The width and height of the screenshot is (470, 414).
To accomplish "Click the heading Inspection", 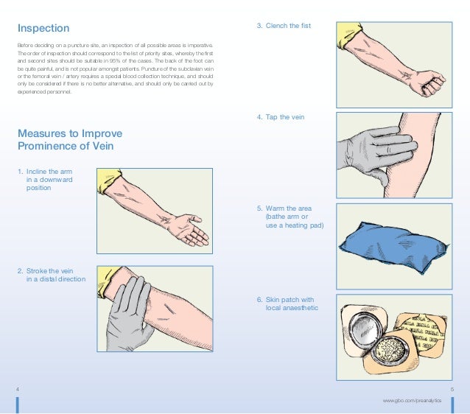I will coord(43,29).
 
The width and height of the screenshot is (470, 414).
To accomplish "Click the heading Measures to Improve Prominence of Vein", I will coord(69,139).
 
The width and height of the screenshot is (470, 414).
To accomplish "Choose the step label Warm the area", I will coord(294,217).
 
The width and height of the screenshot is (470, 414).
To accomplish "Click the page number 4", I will coord(18,388).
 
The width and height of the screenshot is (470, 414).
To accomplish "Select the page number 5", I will coord(450,388).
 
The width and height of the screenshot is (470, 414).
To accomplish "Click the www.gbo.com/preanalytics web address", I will coord(417,399).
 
